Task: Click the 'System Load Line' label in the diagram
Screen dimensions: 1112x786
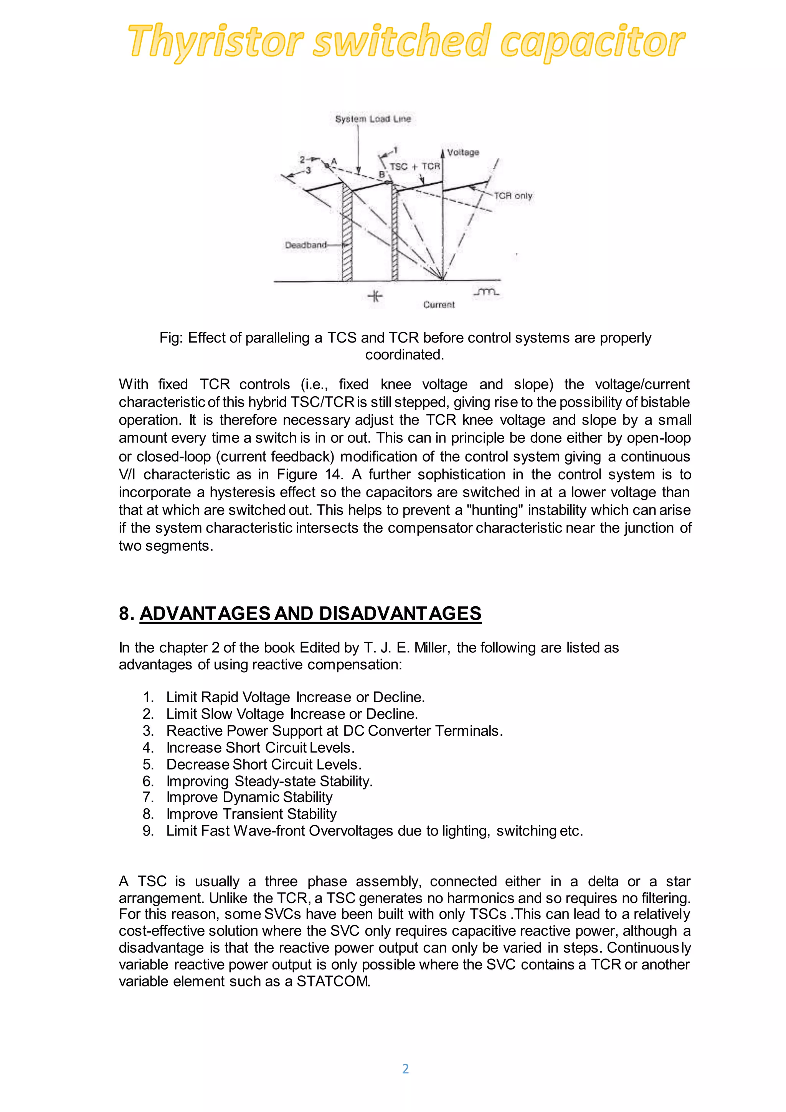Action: click(x=373, y=119)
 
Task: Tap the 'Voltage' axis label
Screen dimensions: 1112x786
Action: click(x=463, y=152)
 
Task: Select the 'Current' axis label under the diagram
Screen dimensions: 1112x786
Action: click(x=439, y=304)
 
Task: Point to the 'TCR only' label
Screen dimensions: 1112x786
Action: click(x=513, y=196)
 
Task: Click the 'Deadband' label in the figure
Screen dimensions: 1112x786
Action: click(x=306, y=245)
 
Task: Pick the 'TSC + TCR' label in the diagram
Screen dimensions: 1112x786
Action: click(x=415, y=167)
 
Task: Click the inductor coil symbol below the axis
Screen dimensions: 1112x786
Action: click(x=486, y=292)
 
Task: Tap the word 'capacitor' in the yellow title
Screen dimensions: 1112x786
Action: click(x=593, y=41)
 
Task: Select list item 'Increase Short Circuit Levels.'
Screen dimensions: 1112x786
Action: click(x=260, y=747)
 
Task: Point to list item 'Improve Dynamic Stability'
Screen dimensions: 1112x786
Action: click(x=249, y=797)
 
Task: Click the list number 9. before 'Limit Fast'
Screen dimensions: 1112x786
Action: click(x=148, y=831)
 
